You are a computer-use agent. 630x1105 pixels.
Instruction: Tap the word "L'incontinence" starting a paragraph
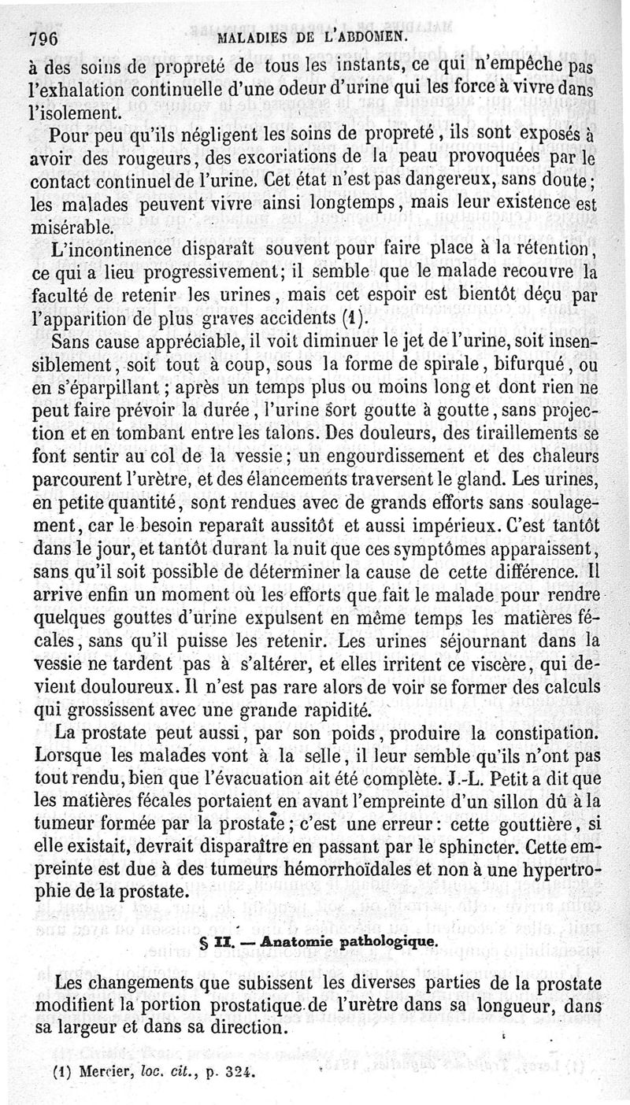(x=102, y=250)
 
